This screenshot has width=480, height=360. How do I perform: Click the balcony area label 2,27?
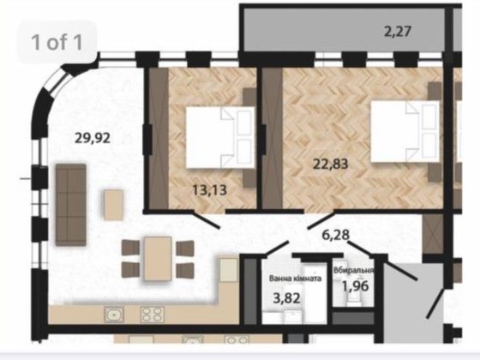click(x=399, y=34)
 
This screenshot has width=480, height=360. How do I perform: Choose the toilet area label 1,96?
click(x=356, y=285)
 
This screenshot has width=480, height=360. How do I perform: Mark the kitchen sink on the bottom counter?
click(x=116, y=315)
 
